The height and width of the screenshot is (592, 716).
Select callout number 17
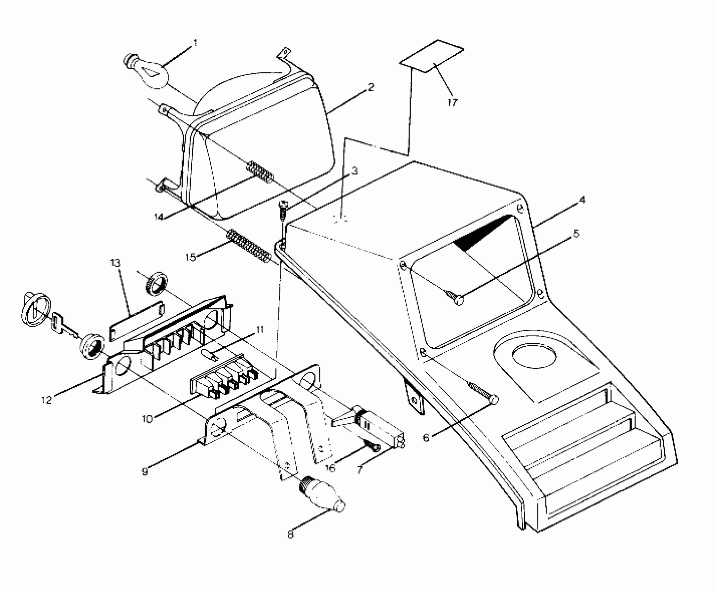pos(452,103)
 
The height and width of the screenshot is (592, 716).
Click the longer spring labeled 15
pos(249,246)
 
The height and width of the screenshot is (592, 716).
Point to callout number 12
pos(46,400)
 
